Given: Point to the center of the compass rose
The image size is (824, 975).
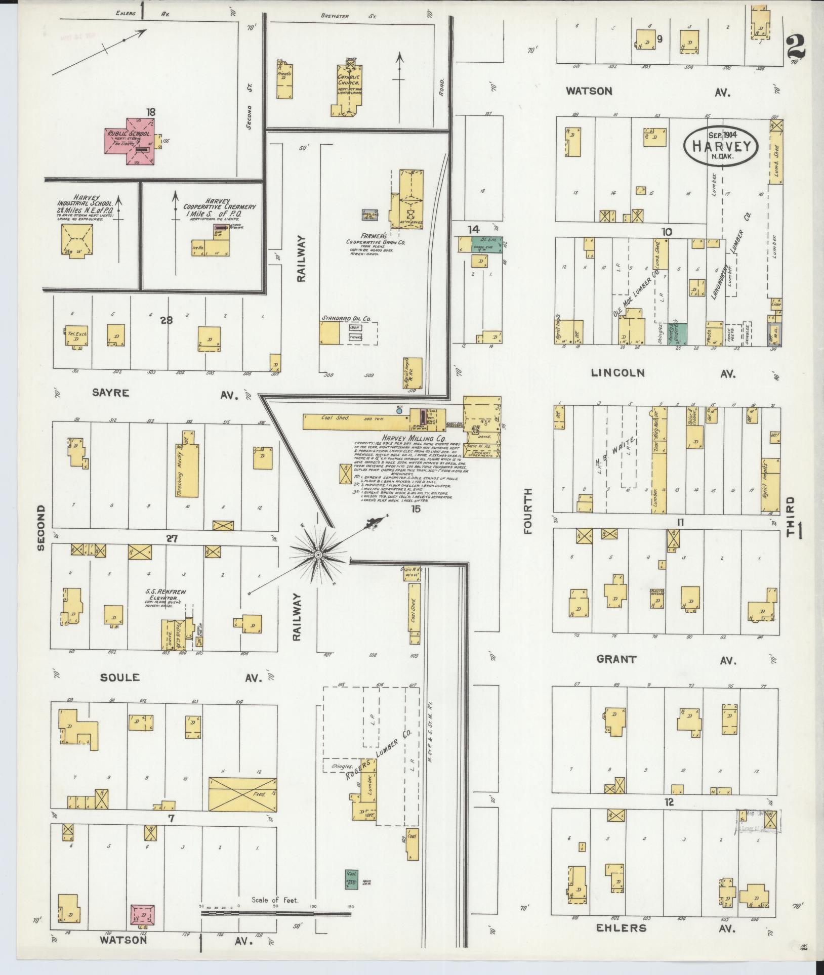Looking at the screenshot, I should [x=318, y=556].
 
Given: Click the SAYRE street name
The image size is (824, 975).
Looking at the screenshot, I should [x=111, y=392].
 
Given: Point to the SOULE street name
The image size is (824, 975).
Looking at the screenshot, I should [x=119, y=677].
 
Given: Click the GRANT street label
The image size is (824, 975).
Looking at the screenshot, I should [x=616, y=659].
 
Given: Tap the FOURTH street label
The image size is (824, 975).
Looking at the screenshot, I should [x=528, y=511].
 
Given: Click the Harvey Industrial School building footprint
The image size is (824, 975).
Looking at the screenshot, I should [x=77, y=239].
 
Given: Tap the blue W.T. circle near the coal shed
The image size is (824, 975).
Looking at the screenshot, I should [x=399, y=411].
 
